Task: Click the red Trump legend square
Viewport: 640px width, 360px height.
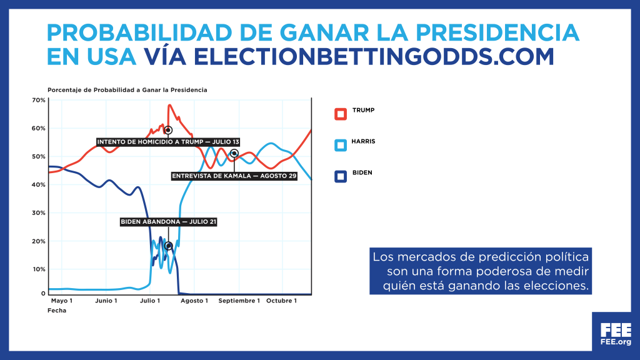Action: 341,114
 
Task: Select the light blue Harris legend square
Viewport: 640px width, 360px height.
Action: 341,145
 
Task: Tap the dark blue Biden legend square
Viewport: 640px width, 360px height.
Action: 341,176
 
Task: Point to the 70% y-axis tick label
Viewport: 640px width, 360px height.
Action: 39,100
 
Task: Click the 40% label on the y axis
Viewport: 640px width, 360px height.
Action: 39,184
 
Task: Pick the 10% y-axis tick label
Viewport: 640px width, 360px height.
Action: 39,269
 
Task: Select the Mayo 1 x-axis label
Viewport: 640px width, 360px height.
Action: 62,301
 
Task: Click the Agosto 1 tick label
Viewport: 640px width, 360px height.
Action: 194,301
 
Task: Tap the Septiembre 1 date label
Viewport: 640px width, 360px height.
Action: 239,301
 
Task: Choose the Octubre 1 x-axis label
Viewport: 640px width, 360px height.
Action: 282,301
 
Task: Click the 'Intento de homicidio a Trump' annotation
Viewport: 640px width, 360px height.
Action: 168,142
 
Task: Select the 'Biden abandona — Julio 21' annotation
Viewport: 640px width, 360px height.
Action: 168,222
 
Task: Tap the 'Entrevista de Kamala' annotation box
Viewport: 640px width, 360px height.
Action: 234,176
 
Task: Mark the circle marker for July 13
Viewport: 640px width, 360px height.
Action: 167,130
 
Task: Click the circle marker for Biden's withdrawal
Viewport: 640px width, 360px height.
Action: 168,246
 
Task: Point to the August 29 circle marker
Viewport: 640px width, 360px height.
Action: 234,154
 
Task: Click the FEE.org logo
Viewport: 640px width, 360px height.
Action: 616,334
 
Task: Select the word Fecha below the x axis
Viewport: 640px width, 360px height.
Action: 57,311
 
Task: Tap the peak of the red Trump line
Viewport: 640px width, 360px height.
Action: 170,105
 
